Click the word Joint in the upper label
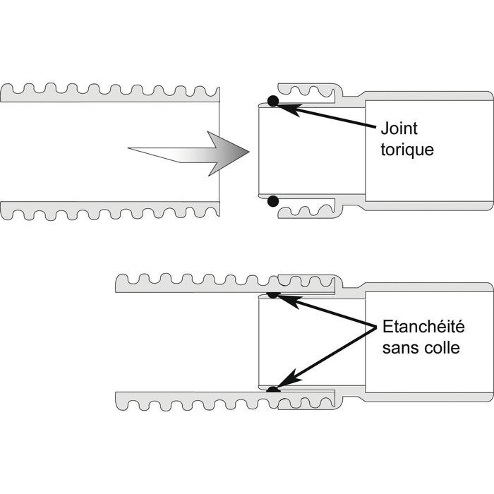[399, 129]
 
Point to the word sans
[397, 348]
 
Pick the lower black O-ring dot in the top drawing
[273, 203]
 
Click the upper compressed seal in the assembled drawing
[273, 294]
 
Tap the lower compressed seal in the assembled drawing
[273, 389]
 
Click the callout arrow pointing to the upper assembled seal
[325, 310]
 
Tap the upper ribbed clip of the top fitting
[311, 93]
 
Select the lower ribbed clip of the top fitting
[311, 210]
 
